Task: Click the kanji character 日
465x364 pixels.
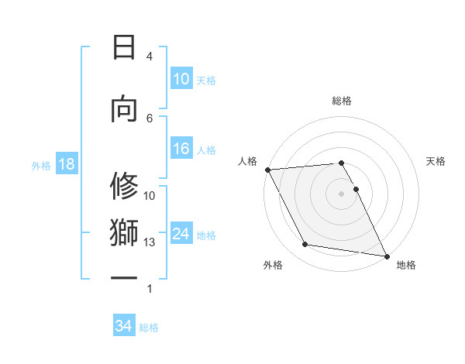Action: point(125,47)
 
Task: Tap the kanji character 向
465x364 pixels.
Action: point(125,109)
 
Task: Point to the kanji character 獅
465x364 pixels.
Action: point(125,232)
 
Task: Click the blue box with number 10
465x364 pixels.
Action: point(181,79)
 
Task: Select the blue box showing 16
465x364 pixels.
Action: point(181,149)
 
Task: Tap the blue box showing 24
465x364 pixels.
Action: point(181,234)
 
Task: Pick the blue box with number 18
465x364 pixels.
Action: point(66,165)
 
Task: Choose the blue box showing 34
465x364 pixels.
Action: point(124,326)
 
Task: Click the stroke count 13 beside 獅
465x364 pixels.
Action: point(150,242)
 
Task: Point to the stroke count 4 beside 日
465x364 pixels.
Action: point(150,57)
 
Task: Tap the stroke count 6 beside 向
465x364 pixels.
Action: point(150,118)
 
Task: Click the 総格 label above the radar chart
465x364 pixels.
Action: point(341,101)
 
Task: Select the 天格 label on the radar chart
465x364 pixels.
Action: point(436,161)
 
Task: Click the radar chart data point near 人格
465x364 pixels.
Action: point(267,170)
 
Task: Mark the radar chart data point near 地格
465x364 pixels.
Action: point(386,256)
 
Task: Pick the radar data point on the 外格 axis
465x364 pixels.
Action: point(305,245)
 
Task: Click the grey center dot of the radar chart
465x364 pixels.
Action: point(341,193)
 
